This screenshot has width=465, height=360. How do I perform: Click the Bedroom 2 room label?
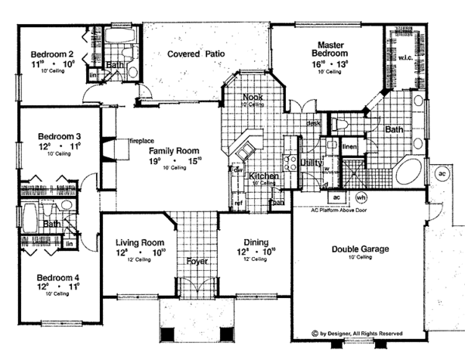53,53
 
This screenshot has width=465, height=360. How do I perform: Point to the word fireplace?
142,141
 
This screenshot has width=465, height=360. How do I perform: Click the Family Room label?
175,151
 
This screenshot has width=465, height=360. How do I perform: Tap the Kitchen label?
263,177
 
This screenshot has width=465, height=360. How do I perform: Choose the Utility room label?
312,163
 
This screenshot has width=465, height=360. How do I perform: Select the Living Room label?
136,242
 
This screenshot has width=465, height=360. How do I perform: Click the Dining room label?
256,242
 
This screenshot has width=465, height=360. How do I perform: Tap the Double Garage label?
360,249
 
